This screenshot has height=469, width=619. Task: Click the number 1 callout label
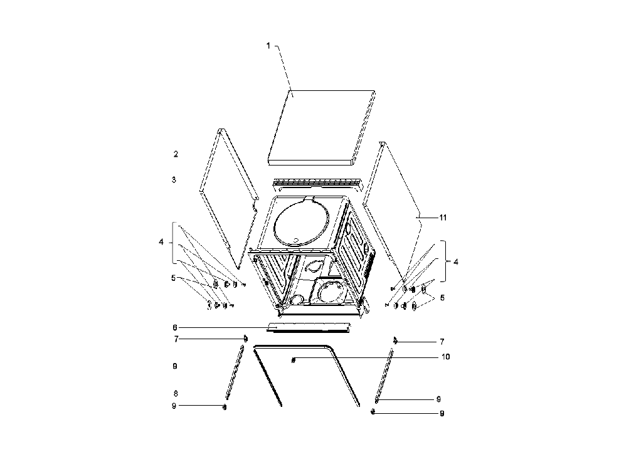tap(268, 46)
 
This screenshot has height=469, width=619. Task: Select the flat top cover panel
tap(321, 127)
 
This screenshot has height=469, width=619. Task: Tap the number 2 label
tap(176, 154)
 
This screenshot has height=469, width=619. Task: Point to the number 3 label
tap(174, 179)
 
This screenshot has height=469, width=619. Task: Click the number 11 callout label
tap(443, 218)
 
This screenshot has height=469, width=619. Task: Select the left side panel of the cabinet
tap(229, 198)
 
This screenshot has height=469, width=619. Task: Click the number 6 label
tap(175, 327)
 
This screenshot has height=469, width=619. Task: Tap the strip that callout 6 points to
tap(309, 327)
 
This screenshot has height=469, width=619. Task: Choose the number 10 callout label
tap(445, 357)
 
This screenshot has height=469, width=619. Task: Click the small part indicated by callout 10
tap(294, 360)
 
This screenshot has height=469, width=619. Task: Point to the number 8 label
tap(175, 393)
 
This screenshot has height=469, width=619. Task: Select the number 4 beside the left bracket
tap(161, 242)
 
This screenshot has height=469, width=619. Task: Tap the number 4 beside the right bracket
tap(455, 261)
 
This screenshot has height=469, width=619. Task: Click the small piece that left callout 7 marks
tap(246, 339)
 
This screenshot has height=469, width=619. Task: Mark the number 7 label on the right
tap(442, 342)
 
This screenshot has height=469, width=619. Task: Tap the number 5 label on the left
tap(173, 278)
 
